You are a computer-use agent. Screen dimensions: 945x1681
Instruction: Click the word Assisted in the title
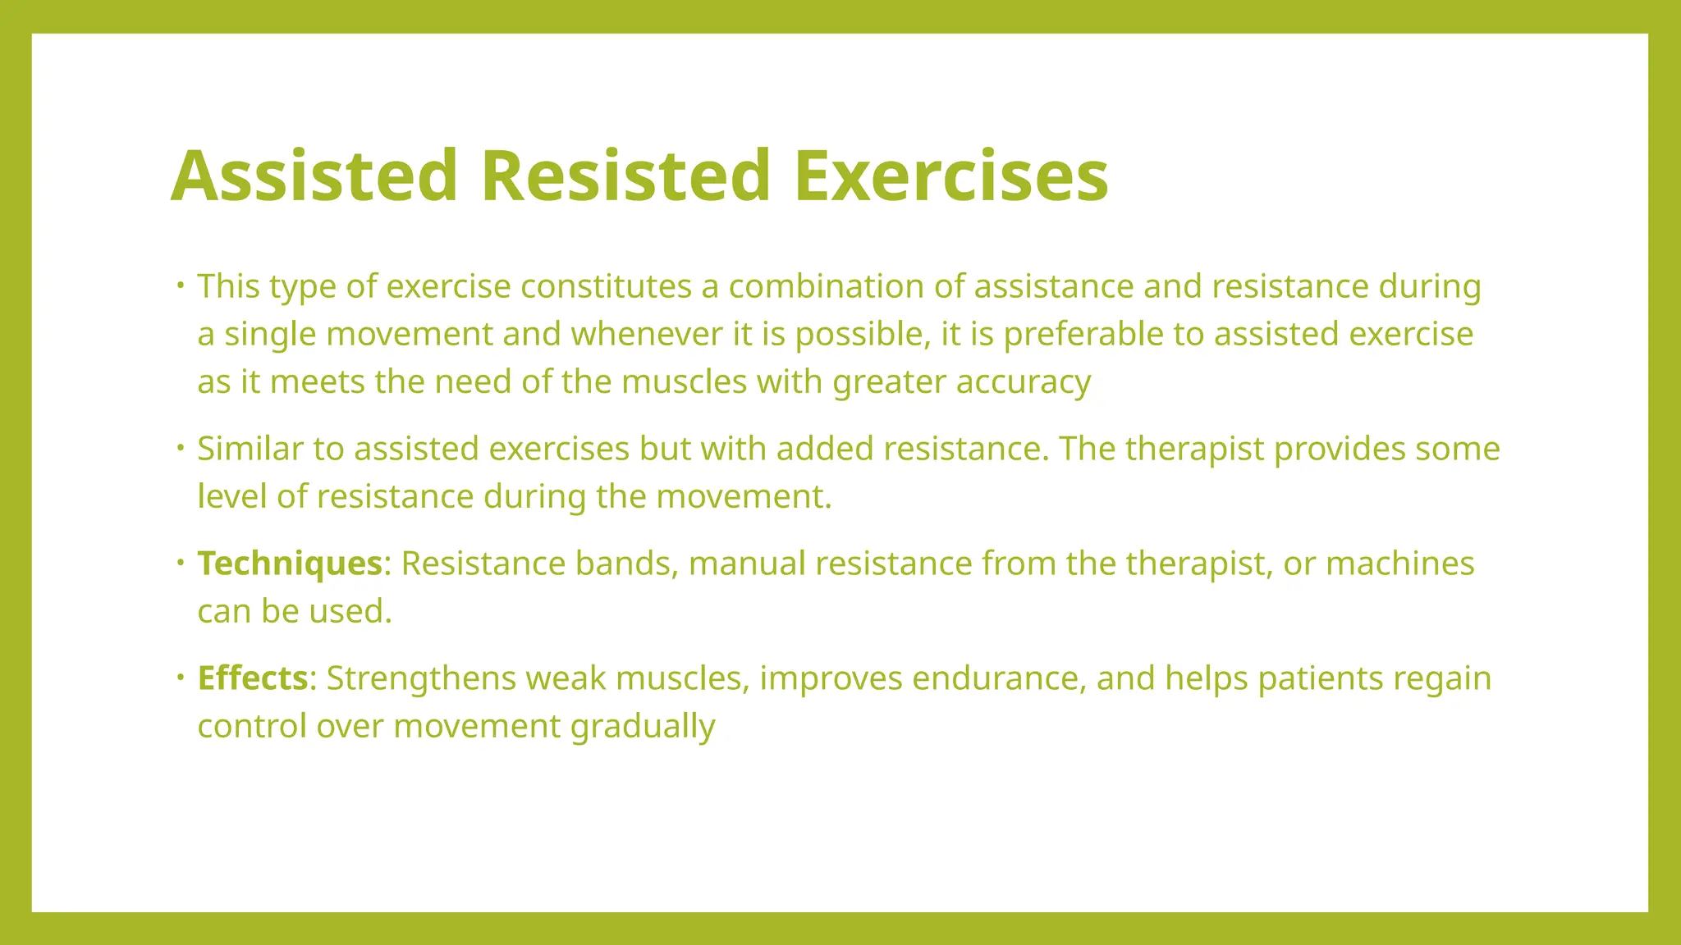click(x=314, y=176)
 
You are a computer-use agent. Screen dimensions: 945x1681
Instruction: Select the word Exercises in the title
click(x=950, y=176)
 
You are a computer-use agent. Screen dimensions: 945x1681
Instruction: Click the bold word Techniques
click(x=290, y=564)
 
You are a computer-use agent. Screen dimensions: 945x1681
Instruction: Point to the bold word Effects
click(x=253, y=678)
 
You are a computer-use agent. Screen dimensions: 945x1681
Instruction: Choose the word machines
click(x=1399, y=564)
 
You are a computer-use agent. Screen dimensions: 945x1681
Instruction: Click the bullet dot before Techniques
click(x=180, y=563)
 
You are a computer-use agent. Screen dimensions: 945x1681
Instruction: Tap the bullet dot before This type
click(x=180, y=285)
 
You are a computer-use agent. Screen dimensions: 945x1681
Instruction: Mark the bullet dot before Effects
click(x=180, y=678)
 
